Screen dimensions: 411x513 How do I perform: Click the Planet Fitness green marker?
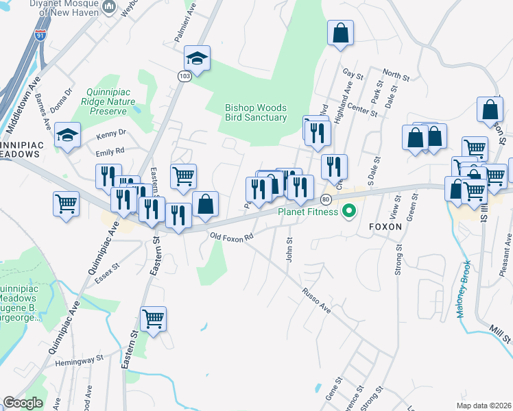tap(348, 212)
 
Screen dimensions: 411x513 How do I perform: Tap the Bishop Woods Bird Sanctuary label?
tap(256, 112)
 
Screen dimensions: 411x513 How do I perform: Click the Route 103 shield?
tap(184, 76)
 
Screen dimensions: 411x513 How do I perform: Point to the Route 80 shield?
tap(326, 199)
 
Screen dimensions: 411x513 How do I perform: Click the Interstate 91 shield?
tap(41, 36)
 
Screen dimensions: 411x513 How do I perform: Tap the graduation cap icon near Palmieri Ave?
tap(198, 59)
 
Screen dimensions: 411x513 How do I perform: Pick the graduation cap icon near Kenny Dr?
tap(68, 135)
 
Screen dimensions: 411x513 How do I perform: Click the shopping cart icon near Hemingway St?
tap(153, 318)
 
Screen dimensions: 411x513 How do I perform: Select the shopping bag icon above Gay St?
tap(340, 33)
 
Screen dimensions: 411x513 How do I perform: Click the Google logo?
tap(23, 403)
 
